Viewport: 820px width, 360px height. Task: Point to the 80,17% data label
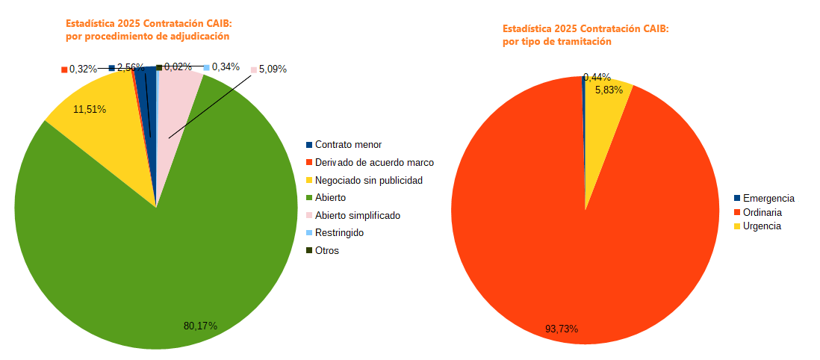200,326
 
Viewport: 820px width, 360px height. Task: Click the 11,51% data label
90,109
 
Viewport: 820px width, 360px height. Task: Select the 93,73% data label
562,329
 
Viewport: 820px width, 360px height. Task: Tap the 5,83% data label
609,90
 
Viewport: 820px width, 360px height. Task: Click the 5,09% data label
273,69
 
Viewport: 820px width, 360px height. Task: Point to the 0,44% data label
597,77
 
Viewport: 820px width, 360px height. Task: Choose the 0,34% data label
226,66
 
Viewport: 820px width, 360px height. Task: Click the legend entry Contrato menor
348,145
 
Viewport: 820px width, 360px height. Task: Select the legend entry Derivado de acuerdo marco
374,162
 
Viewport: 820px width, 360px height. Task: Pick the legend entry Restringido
339,233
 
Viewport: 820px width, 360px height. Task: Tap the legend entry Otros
327,250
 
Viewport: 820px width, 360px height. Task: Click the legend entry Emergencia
768,198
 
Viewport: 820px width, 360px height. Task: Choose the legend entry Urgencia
762,226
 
